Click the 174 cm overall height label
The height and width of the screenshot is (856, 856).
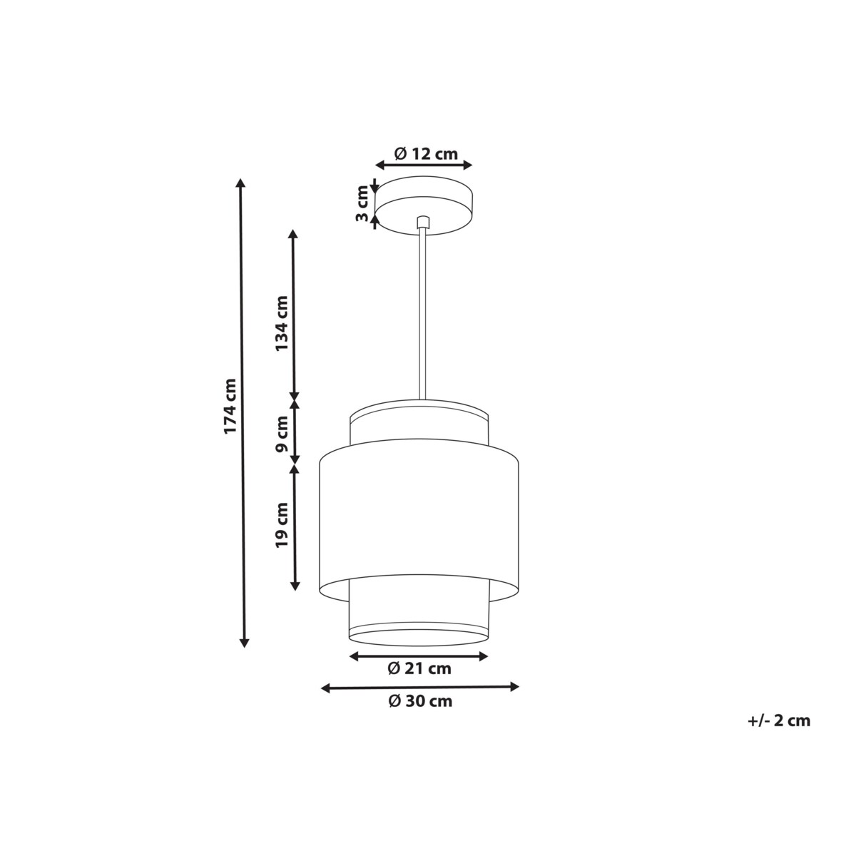click(x=230, y=406)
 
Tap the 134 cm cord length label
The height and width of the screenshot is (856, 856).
click(x=282, y=323)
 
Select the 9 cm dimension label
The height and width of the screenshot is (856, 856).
click(x=282, y=434)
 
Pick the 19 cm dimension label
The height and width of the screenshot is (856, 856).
click(x=282, y=524)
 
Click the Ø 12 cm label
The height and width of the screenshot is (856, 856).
click(x=426, y=153)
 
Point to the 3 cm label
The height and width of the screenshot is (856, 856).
click(x=362, y=203)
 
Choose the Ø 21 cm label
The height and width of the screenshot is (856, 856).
click(x=419, y=668)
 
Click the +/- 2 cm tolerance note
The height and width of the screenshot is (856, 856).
click(x=779, y=720)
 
